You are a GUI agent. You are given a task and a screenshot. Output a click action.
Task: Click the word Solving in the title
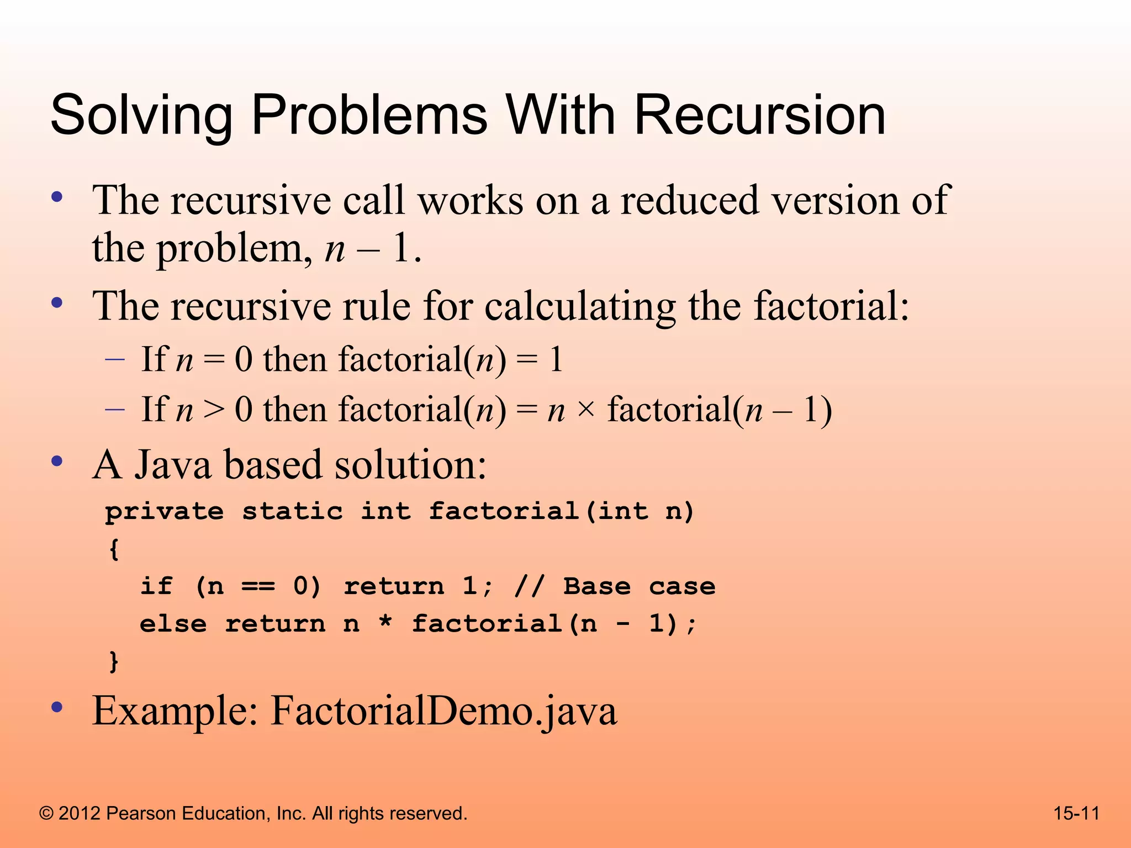coord(141,116)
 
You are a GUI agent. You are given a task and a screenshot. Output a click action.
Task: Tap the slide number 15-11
coord(1076,813)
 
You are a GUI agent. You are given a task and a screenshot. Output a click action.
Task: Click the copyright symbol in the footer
coord(46,813)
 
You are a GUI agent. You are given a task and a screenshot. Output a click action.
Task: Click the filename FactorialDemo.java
coord(443,711)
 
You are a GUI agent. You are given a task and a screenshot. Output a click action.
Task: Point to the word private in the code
coord(165,512)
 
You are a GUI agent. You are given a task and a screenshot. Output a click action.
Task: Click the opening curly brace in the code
coord(114,549)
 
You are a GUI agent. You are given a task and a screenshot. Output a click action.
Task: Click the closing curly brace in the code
coord(114,661)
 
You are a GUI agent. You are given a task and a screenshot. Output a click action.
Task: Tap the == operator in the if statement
coord(258,586)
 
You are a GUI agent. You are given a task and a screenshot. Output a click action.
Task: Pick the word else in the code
coord(173,624)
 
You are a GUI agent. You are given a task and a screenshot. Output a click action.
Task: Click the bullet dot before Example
coord(56,707)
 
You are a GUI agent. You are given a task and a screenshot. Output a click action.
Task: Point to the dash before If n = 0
coord(115,359)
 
